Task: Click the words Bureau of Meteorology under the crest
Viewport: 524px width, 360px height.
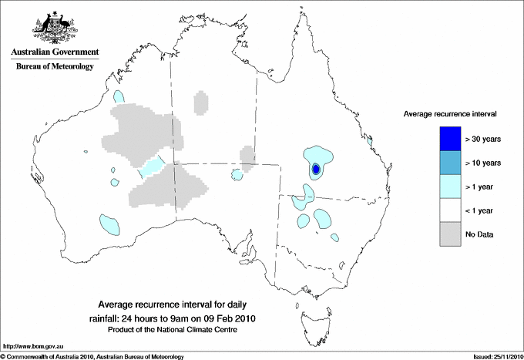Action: click(x=54, y=67)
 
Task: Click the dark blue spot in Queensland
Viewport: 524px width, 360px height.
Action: click(x=316, y=169)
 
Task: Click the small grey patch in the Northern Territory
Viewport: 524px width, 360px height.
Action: click(x=202, y=103)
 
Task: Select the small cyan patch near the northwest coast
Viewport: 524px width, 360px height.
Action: click(x=119, y=97)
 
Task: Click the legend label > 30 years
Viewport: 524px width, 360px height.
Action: click(x=482, y=138)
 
